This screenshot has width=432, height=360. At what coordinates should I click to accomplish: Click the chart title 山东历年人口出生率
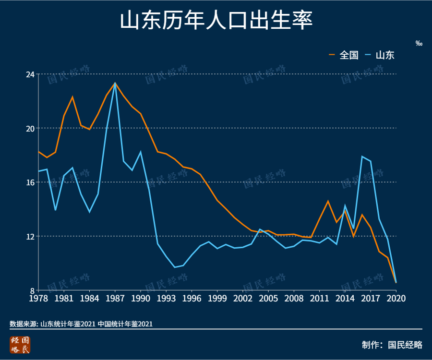[x=216, y=22]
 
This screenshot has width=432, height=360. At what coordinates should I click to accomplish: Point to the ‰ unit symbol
[x=419, y=44]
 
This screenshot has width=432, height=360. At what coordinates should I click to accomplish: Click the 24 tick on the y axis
[x=30, y=74]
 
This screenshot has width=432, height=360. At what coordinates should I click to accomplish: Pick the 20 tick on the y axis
[x=30, y=128]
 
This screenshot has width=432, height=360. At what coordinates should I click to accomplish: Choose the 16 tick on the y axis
[x=30, y=182]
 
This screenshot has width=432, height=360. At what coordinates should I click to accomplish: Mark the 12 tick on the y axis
[x=30, y=237]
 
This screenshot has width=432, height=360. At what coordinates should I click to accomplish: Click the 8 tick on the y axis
[x=32, y=290]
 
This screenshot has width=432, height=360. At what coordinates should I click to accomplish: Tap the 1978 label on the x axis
[x=38, y=298]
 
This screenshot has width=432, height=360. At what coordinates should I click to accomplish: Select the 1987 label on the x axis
[x=115, y=298]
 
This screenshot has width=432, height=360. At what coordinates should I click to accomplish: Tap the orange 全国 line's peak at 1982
[x=72, y=97]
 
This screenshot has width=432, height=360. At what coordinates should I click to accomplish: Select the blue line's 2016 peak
[x=362, y=156]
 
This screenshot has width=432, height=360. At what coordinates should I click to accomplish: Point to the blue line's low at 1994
[x=175, y=267]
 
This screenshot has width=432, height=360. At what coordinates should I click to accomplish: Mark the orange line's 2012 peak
[x=328, y=201]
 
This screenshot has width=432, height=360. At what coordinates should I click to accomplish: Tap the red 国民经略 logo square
[x=20, y=345]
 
